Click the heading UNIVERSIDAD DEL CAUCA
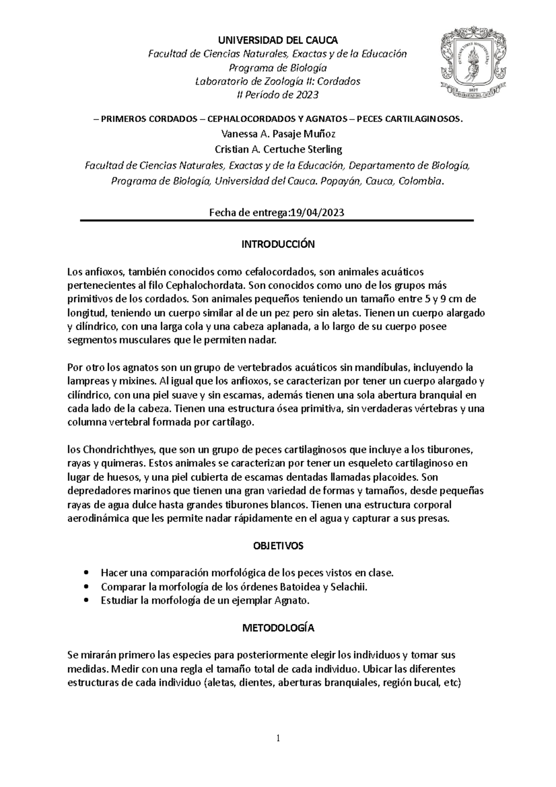coord(277,40)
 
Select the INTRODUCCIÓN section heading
coord(278,244)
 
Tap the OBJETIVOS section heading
coord(278,546)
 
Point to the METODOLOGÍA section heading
coord(278,628)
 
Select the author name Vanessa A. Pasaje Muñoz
coord(278,134)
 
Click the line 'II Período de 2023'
coord(277,95)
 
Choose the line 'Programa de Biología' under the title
coord(277,68)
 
